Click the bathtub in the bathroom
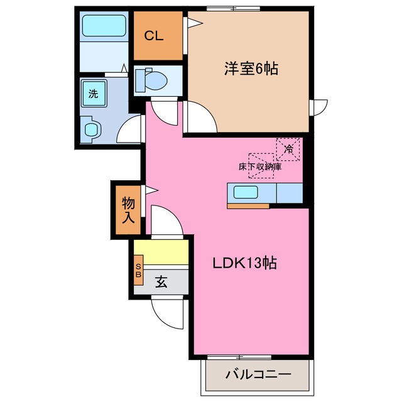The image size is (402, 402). pos(105,26)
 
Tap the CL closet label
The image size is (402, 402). pos(154,36)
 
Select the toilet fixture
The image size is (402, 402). pos(151,80)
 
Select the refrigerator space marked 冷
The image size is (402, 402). pos(288,149)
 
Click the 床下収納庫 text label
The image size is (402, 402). pos(259,167)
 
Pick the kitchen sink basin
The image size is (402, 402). pos(249,192)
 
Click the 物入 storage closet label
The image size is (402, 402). pos(128,210)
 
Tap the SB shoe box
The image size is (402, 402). pos(139,271)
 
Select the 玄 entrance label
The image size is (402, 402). pos(161,283)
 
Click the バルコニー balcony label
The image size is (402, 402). pos(258,374)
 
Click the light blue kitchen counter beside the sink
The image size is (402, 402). pos(290,192)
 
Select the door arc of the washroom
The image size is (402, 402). pos(132,128)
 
